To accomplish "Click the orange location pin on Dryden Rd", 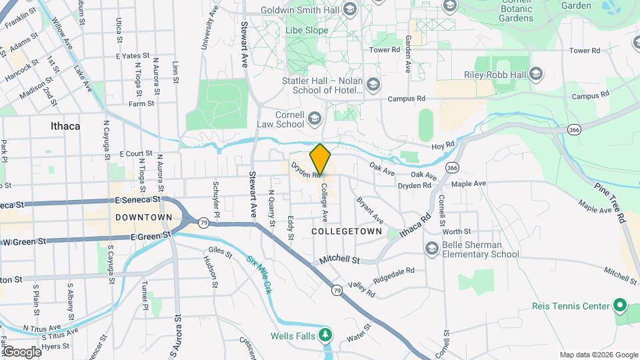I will click(x=321, y=159).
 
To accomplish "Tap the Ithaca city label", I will click(x=65, y=125).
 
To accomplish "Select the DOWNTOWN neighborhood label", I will click(x=144, y=217).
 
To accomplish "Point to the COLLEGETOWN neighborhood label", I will click(x=347, y=231).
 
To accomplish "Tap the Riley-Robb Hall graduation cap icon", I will click(x=536, y=75).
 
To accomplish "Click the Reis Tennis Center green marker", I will click(x=619, y=306).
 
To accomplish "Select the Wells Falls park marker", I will click(x=325, y=335).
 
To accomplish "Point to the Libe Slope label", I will click(x=306, y=31).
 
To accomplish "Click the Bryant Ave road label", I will click(x=369, y=209).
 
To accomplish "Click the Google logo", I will click(x=22, y=351).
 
